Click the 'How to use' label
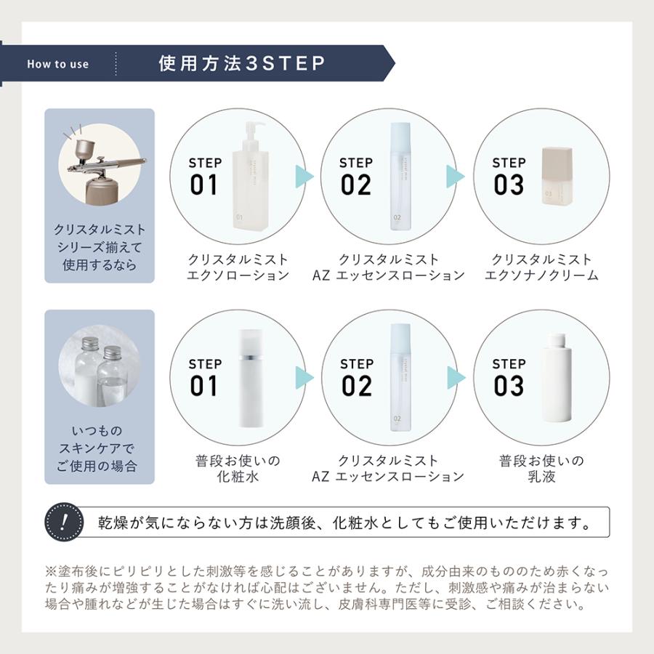click(x=58, y=64)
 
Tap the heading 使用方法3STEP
click(x=241, y=63)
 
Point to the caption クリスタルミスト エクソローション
click(x=238, y=267)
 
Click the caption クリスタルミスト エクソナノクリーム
click(x=541, y=267)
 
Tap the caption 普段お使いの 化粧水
click(x=238, y=469)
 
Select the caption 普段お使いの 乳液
click(x=541, y=469)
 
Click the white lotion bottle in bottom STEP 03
click(x=558, y=378)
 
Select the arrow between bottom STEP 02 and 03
click(x=455, y=377)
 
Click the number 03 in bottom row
click(x=508, y=386)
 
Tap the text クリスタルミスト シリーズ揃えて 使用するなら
click(x=100, y=247)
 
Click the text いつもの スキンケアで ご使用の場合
click(x=100, y=448)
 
